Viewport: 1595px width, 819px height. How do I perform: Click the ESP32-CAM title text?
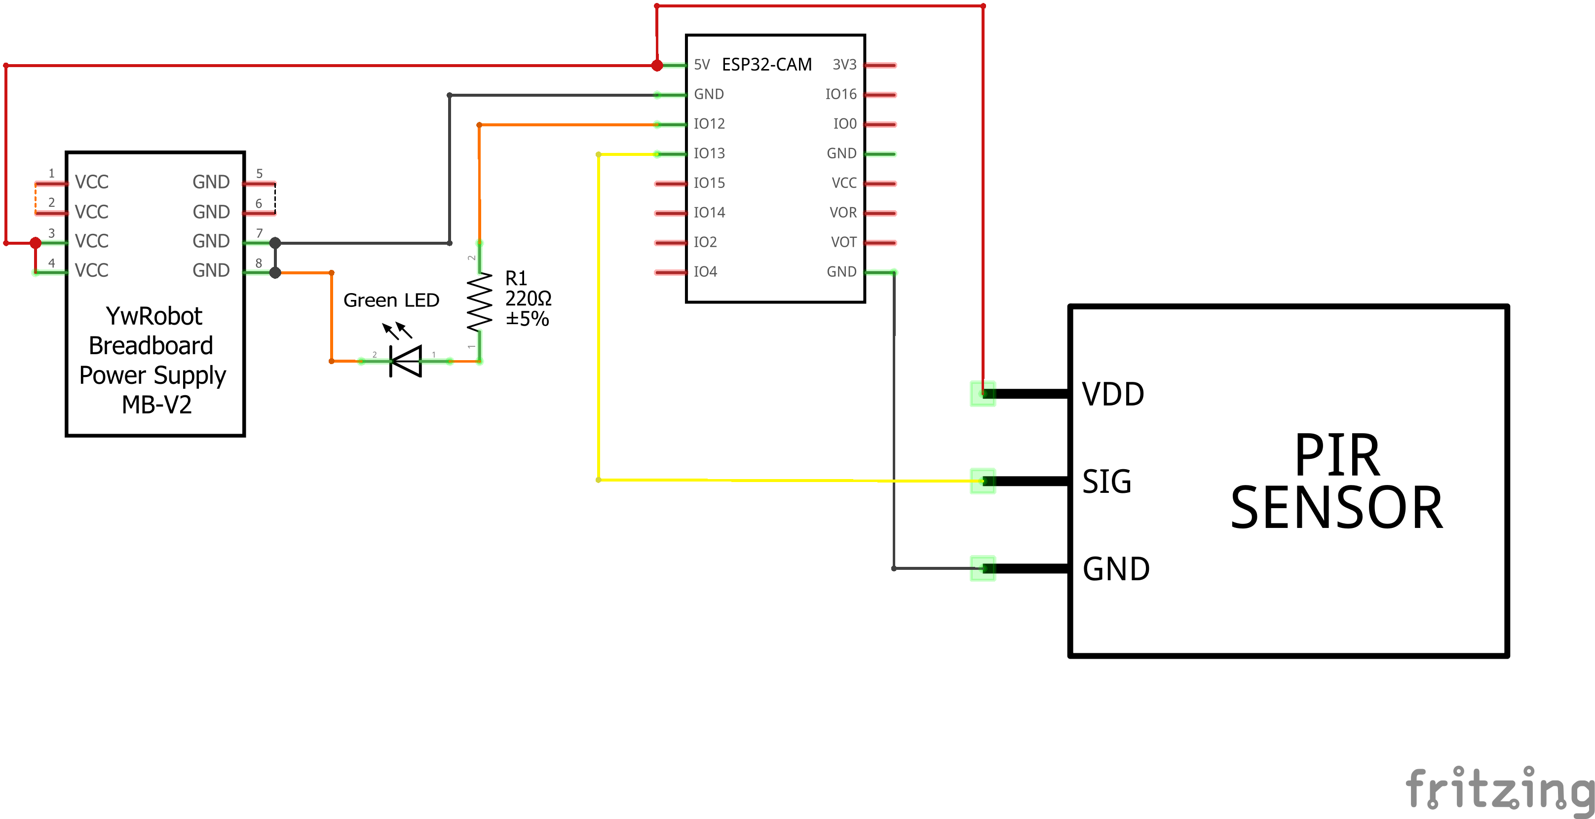click(x=766, y=64)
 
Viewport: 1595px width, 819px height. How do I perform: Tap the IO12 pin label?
click(x=709, y=124)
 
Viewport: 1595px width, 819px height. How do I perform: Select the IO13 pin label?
click(x=709, y=153)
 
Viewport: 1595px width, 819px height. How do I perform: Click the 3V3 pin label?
click(x=844, y=64)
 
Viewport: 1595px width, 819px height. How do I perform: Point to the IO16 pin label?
click(x=840, y=94)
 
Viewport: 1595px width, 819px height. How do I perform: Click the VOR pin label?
click(x=843, y=212)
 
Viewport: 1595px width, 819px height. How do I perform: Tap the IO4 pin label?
click(x=705, y=272)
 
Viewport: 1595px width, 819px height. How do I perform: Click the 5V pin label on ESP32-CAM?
click(x=702, y=64)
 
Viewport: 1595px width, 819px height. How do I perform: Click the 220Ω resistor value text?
click(x=528, y=299)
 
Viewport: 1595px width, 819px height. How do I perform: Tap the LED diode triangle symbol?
click(x=407, y=361)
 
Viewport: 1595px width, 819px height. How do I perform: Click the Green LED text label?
click(x=391, y=300)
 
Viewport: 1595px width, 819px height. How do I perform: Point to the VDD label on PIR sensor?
click(x=1113, y=394)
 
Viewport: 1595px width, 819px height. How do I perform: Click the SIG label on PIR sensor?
click(x=1106, y=482)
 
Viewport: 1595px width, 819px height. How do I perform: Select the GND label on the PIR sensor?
click(x=1116, y=569)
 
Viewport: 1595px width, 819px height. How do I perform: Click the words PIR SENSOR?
click(x=1336, y=482)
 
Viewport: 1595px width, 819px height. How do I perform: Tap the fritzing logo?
click(x=1498, y=789)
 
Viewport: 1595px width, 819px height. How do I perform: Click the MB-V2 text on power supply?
click(x=156, y=405)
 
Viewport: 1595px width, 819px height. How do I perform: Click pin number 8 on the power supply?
click(x=259, y=263)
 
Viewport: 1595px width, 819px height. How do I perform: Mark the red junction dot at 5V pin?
click(x=657, y=65)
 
